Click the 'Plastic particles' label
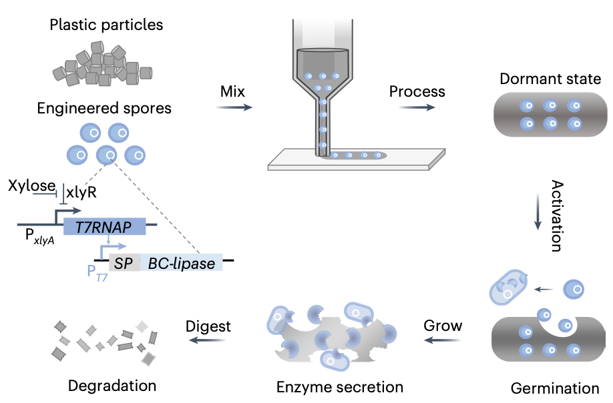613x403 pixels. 107,26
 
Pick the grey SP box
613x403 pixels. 124,264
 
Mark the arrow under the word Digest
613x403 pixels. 207,340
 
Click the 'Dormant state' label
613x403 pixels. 546,79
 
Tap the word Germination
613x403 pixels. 554,388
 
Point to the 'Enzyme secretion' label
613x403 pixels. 340,386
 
